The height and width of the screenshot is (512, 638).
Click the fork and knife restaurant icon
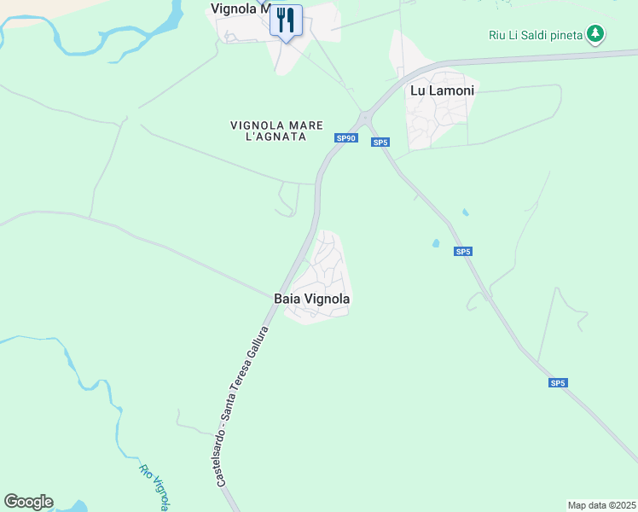point(286,20)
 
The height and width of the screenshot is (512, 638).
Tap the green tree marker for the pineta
point(595,34)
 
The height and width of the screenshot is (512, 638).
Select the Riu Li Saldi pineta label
point(536,35)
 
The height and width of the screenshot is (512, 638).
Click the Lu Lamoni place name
point(442,90)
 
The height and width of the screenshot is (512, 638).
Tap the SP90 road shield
point(345,138)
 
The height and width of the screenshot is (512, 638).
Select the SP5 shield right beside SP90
point(380,143)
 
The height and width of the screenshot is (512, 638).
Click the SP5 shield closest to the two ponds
point(462,252)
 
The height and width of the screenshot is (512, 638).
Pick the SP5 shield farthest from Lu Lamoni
point(557,383)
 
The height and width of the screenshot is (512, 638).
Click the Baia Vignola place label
point(312,299)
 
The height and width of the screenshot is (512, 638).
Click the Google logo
point(28,502)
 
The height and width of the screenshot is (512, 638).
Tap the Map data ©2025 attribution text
point(601,505)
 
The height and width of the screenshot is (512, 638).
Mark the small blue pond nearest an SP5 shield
point(436,243)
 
